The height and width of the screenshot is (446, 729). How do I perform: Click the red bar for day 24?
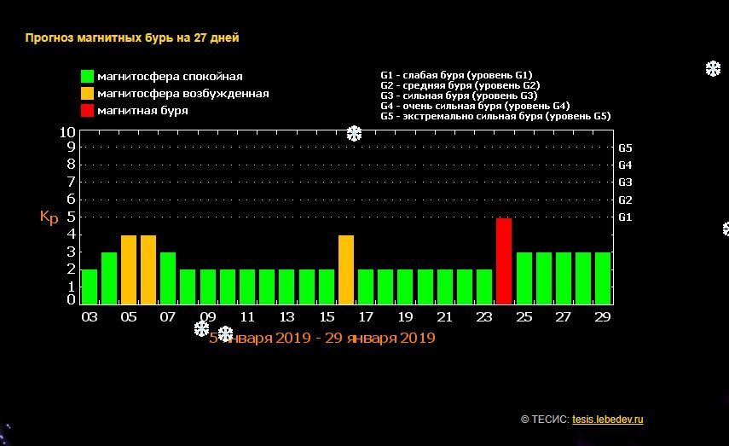[504, 261]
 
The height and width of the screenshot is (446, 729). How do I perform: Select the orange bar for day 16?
[346, 269]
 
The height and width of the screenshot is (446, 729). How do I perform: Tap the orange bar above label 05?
[129, 269]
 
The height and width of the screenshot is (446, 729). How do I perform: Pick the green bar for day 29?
[603, 278]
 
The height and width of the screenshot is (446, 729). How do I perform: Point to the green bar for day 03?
[90, 287]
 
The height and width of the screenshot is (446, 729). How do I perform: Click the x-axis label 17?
[366, 317]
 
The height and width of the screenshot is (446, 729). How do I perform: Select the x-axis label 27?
[563, 317]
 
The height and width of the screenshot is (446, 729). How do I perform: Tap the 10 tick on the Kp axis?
[67, 132]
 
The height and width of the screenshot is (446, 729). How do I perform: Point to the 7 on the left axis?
[71, 182]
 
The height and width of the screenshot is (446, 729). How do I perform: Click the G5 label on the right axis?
[625, 148]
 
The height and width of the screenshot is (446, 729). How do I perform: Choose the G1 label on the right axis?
[625, 217]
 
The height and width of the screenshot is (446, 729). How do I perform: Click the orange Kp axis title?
[49, 217]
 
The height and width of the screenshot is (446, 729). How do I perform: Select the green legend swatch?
[88, 76]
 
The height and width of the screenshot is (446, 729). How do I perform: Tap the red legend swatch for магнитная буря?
[88, 111]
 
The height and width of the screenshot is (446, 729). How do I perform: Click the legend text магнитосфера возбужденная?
[183, 94]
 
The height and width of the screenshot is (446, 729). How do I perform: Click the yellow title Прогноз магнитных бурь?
[99, 38]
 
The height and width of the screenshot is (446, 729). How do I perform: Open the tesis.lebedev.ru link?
[608, 420]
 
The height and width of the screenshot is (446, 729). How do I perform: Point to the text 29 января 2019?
[380, 338]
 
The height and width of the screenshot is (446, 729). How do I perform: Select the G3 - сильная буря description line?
[459, 96]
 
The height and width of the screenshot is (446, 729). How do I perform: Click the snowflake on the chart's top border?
[355, 134]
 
